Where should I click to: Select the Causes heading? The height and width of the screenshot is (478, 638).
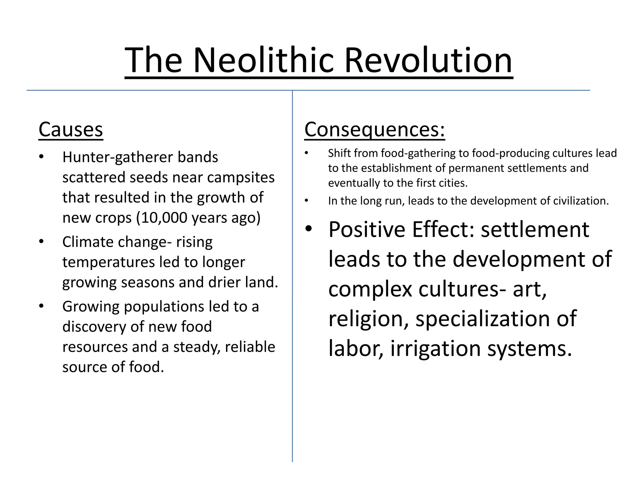(x=71, y=129)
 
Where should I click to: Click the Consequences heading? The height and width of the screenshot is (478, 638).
(x=374, y=129)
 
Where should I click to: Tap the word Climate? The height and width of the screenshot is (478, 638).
(x=88, y=242)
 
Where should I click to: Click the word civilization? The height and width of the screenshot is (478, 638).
(x=581, y=201)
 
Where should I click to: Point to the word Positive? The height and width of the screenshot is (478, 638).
(x=367, y=230)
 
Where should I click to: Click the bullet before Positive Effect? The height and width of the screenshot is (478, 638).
(x=308, y=229)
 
